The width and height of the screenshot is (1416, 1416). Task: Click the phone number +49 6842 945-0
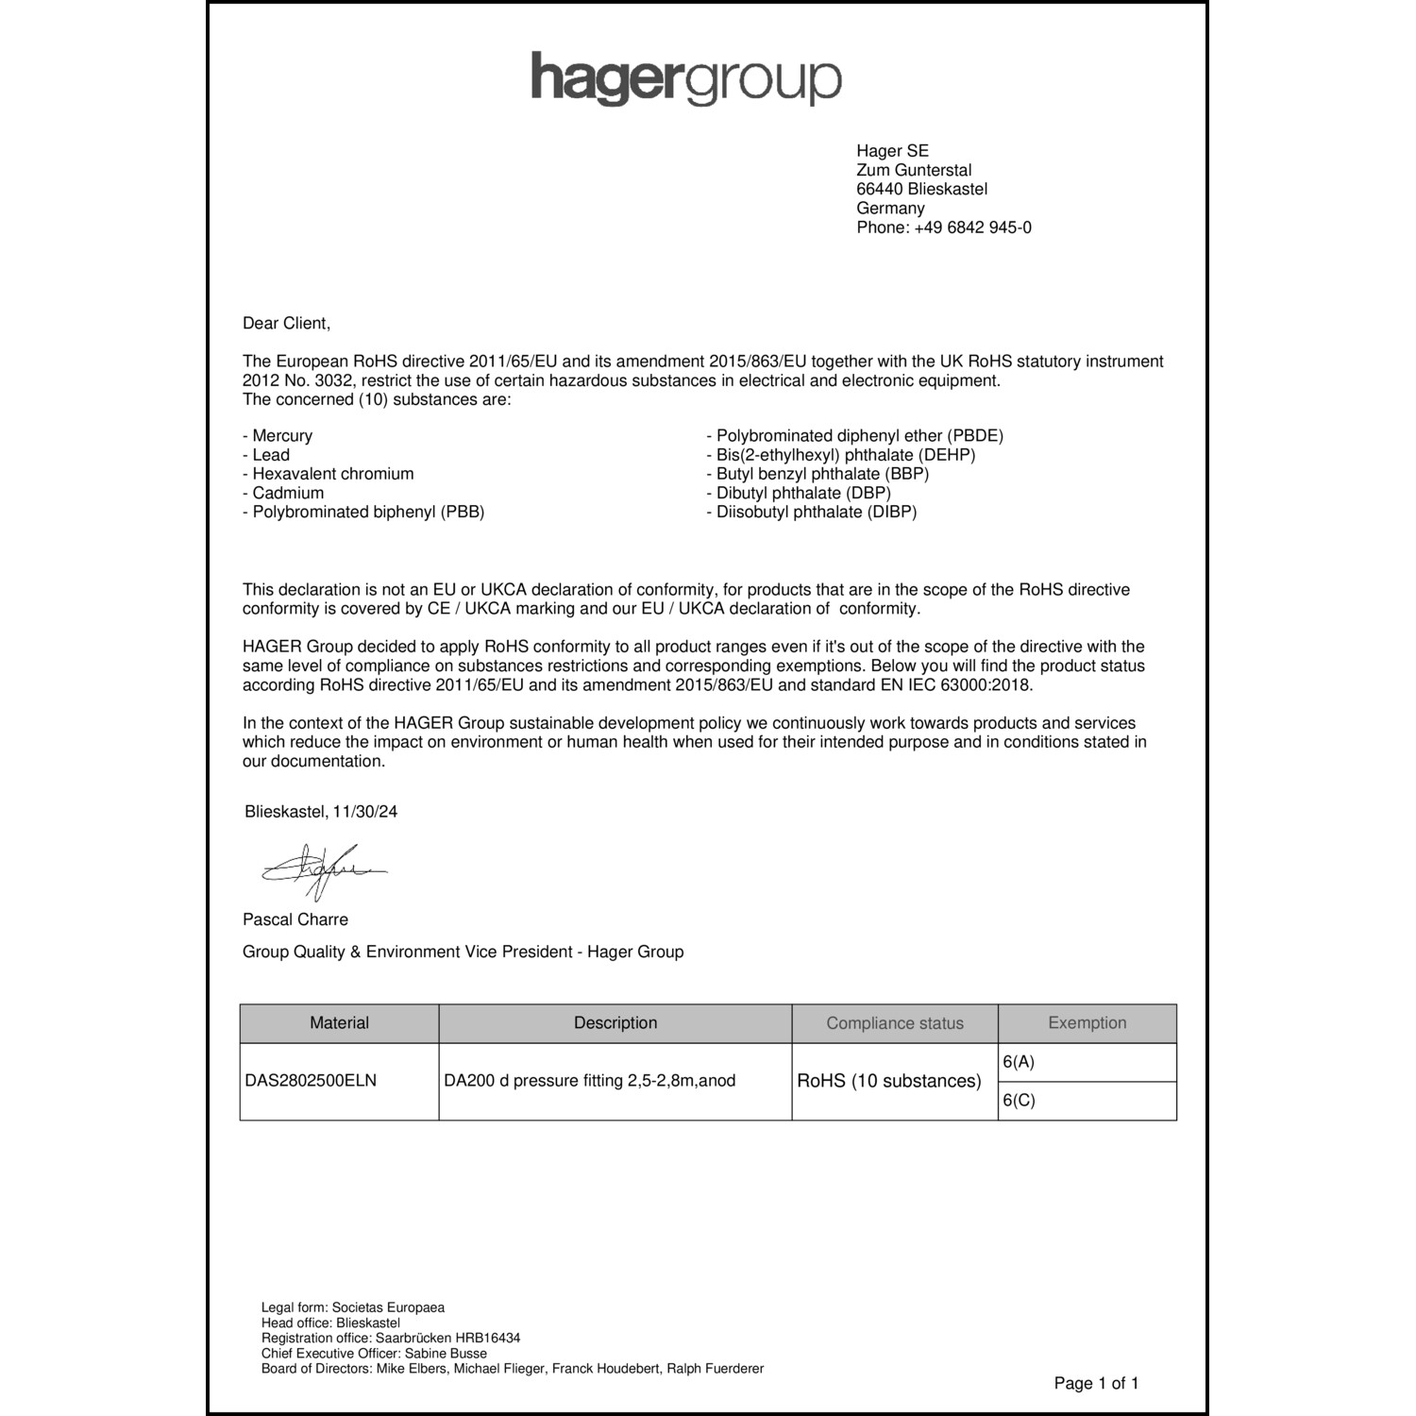[x=972, y=228]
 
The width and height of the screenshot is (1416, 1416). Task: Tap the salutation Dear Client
[x=287, y=323]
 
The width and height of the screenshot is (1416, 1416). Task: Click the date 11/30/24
[x=365, y=812]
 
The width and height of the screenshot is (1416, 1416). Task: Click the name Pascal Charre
[x=295, y=919]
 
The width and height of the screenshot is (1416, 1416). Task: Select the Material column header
[x=339, y=1023]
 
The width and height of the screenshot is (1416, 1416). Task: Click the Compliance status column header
[x=895, y=1023]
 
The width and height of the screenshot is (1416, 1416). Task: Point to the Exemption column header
[x=1087, y=1023]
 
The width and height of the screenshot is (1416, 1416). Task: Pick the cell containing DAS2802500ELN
[x=311, y=1081]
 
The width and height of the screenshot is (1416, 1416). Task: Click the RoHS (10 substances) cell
[x=889, y=1081]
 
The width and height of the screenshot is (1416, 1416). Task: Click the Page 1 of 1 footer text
[x=1096, y=1384]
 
